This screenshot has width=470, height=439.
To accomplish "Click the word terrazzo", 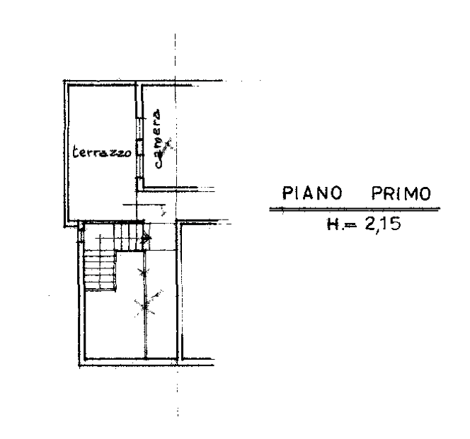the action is (102, 152).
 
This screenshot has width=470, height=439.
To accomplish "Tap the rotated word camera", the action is (156, 139).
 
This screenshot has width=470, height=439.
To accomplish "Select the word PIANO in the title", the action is (312, 193).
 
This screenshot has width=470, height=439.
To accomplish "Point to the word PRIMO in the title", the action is (401, 193).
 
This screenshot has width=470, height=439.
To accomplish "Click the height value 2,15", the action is (383, 224).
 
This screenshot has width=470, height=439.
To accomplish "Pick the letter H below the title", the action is (333, 224).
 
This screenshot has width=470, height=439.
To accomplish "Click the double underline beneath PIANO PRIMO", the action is (355, 209).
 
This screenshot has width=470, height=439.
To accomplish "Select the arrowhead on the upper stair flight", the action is (147, 239).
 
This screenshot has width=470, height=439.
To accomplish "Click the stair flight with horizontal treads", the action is (100, 270).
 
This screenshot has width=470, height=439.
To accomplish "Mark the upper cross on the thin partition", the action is (145, 273).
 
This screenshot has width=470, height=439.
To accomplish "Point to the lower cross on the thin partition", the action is (145, 307).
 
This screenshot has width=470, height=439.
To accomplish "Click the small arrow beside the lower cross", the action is (157, 295).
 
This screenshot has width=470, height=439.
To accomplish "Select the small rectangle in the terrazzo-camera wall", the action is (139, 149).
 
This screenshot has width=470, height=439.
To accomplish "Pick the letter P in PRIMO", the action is (377, 193).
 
